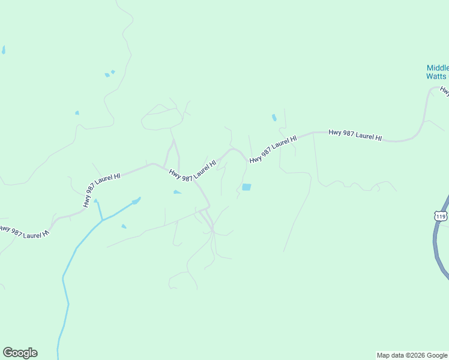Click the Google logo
[x=20, y=353]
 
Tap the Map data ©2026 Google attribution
[x=412, y=355]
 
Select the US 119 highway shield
[x=441, y=216]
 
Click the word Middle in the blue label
[x=438, y=68]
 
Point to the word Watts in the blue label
[x=436, y=76]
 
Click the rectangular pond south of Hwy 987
[x=246, y=187]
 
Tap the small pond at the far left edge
[x=3, y=50]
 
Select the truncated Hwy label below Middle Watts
[x=444, y=90]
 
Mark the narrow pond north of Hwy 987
[x=274, y=118]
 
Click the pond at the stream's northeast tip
[x=136, y=201]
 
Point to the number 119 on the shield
[x=441, y=217]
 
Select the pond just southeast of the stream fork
[x=124, y=226]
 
